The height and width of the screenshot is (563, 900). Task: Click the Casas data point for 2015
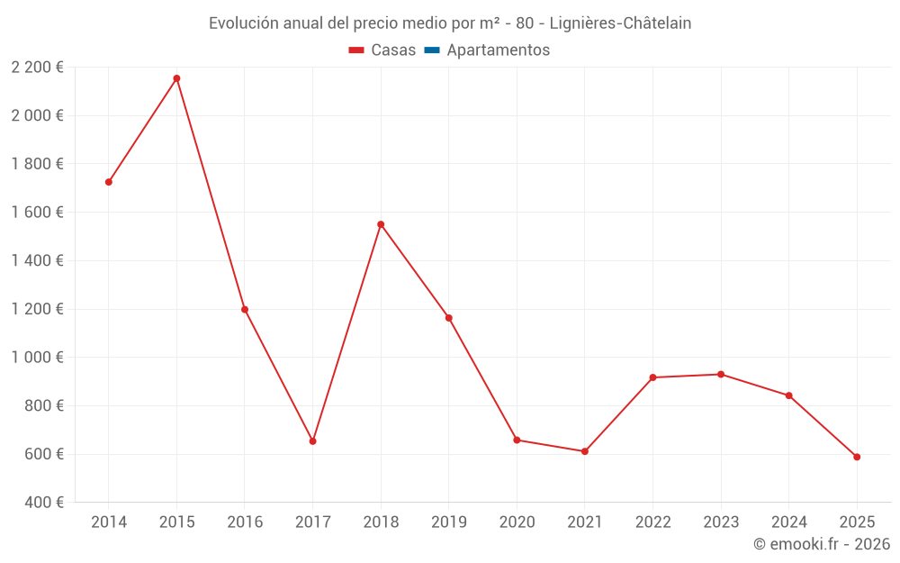176,78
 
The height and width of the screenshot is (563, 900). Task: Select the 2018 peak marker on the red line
381,224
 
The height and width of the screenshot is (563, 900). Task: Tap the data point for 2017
312,441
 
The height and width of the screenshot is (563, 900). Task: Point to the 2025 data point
857,457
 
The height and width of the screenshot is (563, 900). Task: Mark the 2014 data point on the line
109,182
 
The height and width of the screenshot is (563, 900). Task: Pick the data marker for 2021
584,451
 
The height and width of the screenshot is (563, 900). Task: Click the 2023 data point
721,374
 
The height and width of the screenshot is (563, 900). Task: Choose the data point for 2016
245,309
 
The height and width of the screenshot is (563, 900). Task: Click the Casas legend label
393,50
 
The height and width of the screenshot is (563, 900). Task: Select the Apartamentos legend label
498,50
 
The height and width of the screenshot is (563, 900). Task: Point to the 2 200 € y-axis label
37,68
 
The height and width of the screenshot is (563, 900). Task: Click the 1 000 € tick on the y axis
37,358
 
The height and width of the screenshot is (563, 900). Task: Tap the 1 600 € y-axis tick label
37,213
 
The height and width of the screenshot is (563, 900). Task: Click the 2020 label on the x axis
517,522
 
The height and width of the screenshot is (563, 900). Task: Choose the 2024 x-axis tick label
788,522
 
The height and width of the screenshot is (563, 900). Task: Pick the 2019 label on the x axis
448,522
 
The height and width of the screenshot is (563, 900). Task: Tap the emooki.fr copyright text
821,544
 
